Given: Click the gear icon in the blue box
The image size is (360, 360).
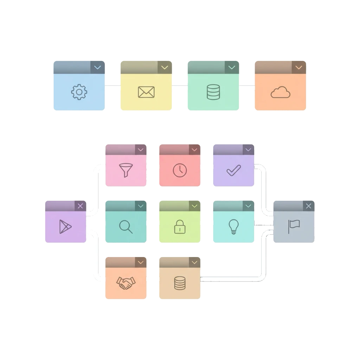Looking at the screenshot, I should click(x=79, y=92).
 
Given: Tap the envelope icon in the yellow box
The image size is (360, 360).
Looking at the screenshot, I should click(x=146, y=92).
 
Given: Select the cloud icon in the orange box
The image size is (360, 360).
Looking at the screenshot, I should click(x=281, y=92).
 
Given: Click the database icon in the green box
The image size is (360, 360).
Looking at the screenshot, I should click(x=213, y=92).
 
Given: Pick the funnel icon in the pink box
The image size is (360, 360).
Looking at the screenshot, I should click(x=126, y=171).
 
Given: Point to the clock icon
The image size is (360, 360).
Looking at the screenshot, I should click(x=180, y=171).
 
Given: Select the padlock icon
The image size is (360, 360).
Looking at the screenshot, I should click(x=180, y=227).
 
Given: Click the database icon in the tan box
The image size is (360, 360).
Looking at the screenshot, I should click(x=180, y=283).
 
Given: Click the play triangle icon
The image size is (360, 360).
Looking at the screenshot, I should click(x=65, y=226).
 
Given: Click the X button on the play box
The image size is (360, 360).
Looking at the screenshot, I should click(x=80, y=206).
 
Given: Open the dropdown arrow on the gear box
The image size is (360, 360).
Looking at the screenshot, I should click(x=98, y=67).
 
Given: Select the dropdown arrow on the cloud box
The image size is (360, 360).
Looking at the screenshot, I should click(x=299, y=67).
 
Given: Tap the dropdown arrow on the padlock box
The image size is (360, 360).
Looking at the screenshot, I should click(x=194, y=206).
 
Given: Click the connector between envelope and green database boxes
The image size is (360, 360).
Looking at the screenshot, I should click(x=180, y=88).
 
